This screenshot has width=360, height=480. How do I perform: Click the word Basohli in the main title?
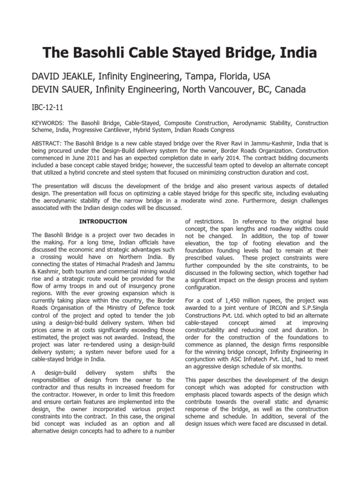pos(97,52)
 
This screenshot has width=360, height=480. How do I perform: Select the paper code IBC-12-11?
pos(47,107)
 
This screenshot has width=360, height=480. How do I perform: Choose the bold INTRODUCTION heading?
pos(103,221)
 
